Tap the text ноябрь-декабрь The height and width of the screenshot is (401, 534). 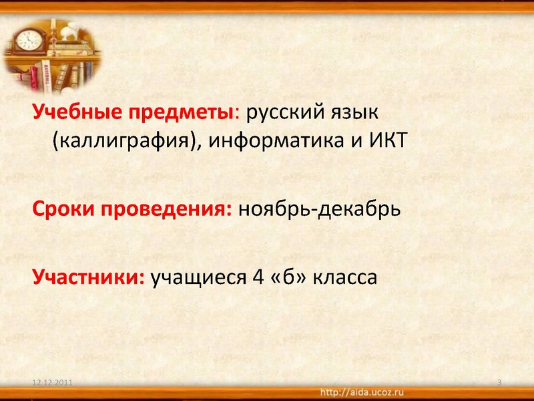319,211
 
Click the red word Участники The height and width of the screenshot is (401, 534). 89,276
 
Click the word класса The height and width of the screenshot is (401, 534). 345,276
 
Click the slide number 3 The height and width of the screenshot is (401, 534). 500,382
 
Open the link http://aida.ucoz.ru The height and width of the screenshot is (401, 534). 362,390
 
